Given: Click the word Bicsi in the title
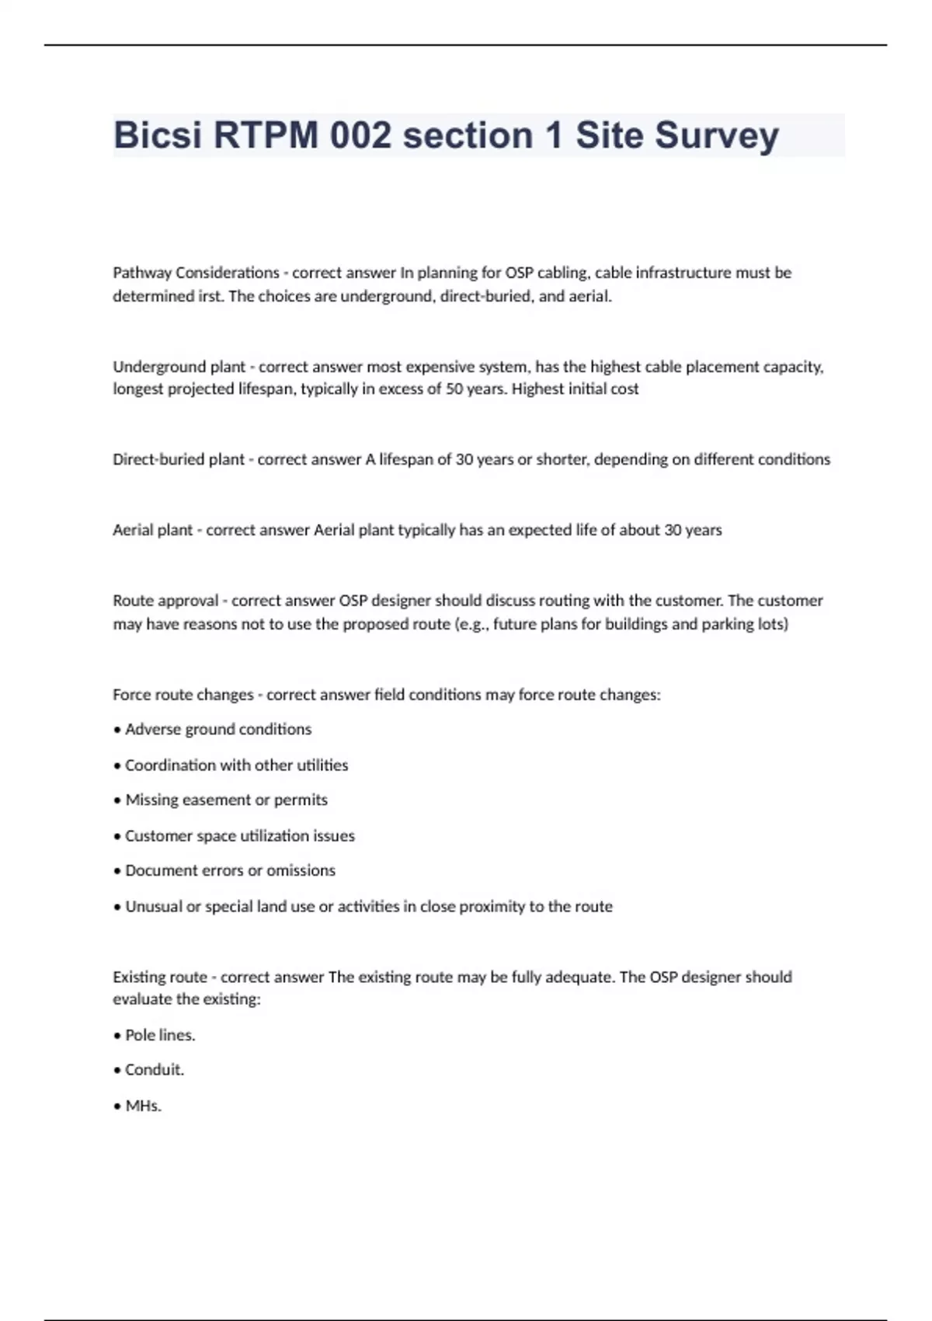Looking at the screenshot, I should click(x=158, y=135).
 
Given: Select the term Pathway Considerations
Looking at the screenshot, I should click(x=196, y=273).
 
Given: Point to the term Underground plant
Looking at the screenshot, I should click(x=179, y=367).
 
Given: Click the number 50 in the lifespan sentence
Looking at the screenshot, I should click(x=454, y=389).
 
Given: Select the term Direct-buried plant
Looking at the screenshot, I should click(x=179, y=459).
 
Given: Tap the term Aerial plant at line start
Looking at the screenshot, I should click(x=152, y=530).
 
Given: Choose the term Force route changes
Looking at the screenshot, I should click(x=183, y=695).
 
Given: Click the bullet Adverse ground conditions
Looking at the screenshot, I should click(x=217, y=730).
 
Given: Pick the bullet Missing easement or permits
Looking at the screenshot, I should click(x=226, y=800).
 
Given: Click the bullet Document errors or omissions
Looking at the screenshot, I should click(x=230, y=871).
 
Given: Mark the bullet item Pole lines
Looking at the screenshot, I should click(x=160, y=1035).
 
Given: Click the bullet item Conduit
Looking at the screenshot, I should click(x=155, y=1070).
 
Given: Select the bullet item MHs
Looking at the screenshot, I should click(x=143, y=1106).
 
